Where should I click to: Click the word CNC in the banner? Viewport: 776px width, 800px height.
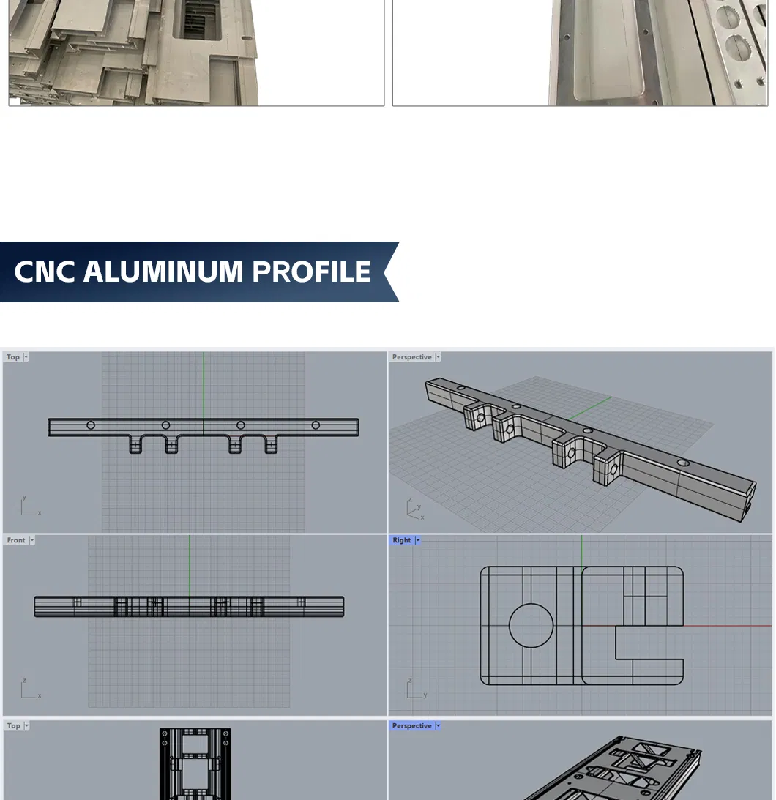click(45, 272)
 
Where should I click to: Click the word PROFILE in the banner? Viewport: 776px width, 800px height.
click(312, 272)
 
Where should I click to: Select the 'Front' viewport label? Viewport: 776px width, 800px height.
click(16, 540)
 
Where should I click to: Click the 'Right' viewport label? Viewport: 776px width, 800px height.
click(402, 540)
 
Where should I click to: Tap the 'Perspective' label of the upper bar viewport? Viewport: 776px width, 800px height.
click(411, 357)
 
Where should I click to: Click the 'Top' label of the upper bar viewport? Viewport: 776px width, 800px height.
click(13, 357)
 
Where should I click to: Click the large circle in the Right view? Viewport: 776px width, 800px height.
click(531, 626)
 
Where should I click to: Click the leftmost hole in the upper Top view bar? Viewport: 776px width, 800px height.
click(91, 425)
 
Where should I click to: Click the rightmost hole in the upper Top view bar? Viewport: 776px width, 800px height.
click(316, 425)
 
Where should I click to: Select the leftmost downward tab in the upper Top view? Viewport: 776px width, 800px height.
click(136, 444)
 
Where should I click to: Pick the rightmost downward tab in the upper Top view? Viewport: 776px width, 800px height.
click(272, 444)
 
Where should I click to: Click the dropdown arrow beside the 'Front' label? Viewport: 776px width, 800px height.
click(31, 540)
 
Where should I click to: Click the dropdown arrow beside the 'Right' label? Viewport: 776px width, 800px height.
click(417, 540)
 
